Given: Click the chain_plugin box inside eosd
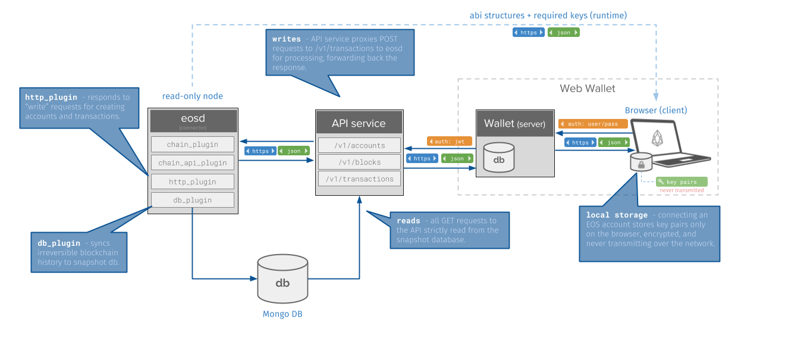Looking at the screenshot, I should click(x=193, y=144).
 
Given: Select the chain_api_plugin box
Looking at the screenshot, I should click(x=193, y=162).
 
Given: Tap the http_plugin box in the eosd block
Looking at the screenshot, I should click(x=193, y=181).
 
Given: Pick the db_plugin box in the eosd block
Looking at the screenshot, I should click(x=193, y=200).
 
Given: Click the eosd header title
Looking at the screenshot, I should click(x=193, y=118).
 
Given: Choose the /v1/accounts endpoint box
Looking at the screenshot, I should click(x=359, y=145).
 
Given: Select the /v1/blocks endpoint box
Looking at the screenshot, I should click(x=359, y=162).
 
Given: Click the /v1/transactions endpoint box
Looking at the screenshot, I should click(x=359, y=179).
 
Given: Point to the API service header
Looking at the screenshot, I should click(x=359, y=123).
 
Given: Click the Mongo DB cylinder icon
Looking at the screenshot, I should click(x=282, y=279).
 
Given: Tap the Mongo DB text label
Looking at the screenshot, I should click(x=282, y=314).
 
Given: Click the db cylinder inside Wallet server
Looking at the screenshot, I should click(x=499, y=158).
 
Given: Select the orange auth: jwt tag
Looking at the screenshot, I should click(x=450, y=142).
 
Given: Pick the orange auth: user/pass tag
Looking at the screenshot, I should click(x=593, y=124).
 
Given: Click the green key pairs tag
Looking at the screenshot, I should click(x=682, y=182).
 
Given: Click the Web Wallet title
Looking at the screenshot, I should click(x=588, y=89).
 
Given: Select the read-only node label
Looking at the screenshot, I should click(x=193, y=96).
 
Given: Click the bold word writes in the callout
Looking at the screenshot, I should click(x=287, y=39).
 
